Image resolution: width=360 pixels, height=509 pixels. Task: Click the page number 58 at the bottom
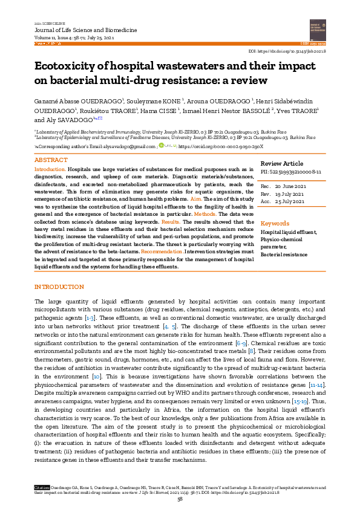click(x=180, y=499)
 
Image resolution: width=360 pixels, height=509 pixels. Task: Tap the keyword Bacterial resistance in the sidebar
click(x=284, y=255)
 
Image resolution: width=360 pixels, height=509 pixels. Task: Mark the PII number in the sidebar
click(x=303, y=172)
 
